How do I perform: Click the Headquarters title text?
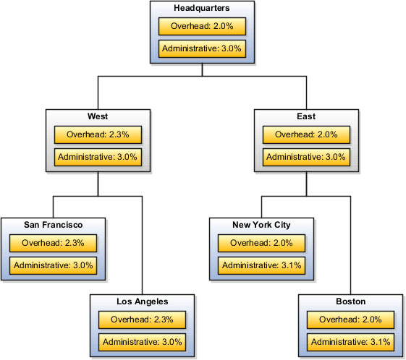click(x=202, y=8)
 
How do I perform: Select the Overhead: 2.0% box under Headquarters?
click(x=202, y=27)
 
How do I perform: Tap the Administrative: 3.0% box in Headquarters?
click(x=202, y=49)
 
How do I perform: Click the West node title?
click(x=98, y=116)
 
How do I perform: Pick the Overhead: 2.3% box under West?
click(x=98, y=134)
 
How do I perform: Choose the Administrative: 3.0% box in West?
click(x=98, y=157)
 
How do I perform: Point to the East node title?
click(x=306, y=116)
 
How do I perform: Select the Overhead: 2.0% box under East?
click(x=306, y=134)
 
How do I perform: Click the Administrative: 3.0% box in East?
click(x=306, y=157)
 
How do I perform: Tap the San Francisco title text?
click(x=53, y=225)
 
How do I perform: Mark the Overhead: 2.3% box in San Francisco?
click(x=53, y=243)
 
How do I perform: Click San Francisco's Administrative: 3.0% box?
click(x=53, y=265)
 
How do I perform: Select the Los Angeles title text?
click(x=142, y=301)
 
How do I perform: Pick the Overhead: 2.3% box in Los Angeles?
click(x=142, y=320)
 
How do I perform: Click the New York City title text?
click(x=261, y=225)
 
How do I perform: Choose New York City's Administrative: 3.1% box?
click(x=261, y=265)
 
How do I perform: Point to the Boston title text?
click(x=350, y=301)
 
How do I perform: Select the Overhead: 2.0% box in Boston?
click(x=350, y=320)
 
